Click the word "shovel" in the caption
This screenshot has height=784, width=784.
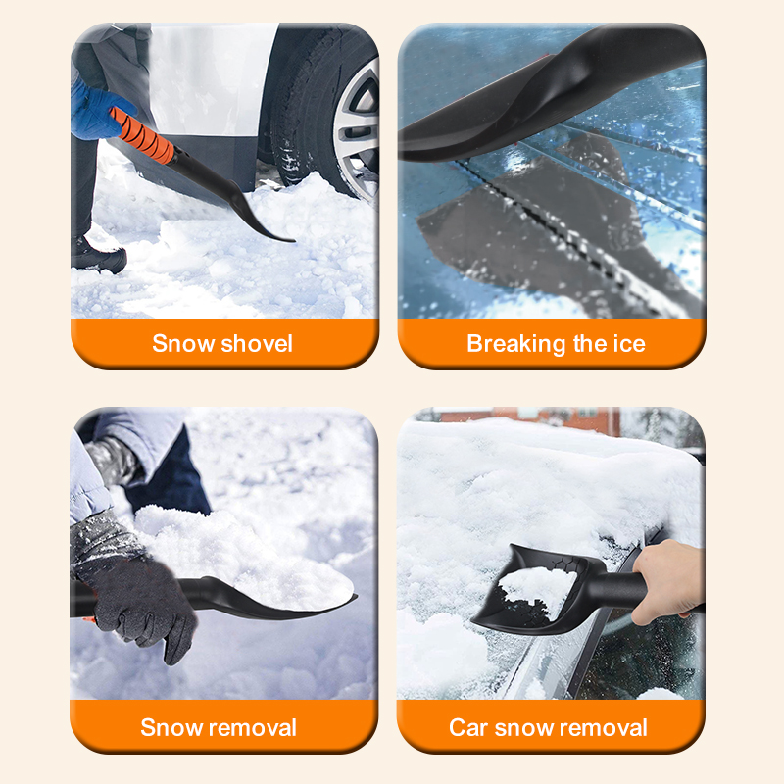pos(257,344)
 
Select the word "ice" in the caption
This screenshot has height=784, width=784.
pos(629,344)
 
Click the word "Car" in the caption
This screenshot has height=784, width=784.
pos(468,727)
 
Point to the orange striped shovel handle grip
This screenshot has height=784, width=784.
pos(142,135)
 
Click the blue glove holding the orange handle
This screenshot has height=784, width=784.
pos(100,110)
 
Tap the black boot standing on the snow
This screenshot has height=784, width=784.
pos(97,256)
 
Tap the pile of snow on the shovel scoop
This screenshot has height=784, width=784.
pos(240,555)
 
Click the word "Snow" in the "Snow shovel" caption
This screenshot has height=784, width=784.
pos(183,344)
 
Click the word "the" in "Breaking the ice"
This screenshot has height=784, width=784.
pos(590,344)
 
